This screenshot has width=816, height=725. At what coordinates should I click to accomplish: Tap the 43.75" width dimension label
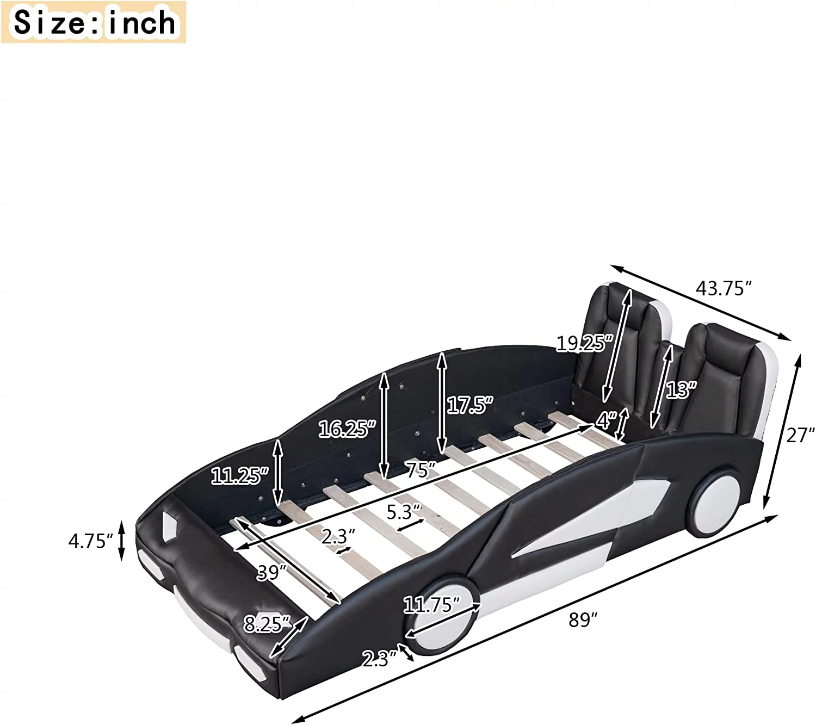(724, 288)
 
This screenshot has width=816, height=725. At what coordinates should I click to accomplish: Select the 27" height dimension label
(798, 436)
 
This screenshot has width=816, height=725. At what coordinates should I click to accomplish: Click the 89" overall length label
(583, 619)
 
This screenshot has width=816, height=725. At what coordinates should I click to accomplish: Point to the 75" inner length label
(421, 469)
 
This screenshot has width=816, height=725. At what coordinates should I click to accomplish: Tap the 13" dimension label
(681, 389)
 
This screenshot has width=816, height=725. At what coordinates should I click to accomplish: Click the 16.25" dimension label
(347, 429)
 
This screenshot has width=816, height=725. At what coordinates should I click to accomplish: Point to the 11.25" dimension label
(240, 476)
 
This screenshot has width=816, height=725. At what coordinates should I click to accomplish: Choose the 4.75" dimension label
(90, 541)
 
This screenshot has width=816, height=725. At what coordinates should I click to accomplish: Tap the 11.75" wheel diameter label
(431, 605)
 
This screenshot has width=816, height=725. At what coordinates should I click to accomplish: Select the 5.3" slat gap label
(404, 512)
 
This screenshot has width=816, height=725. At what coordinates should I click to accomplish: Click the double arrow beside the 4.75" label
(122, 541)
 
